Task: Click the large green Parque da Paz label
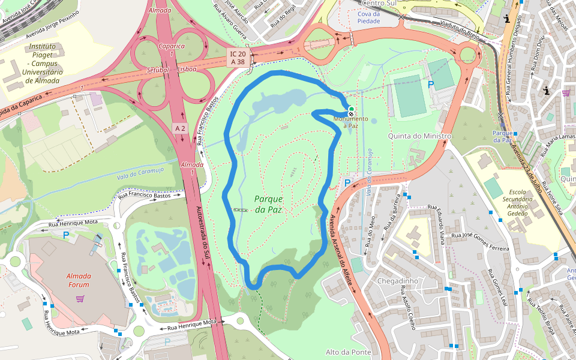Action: [268, 204]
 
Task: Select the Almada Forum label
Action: [79, 280]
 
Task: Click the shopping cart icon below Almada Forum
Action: [80, 298]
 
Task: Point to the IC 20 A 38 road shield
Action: [237, 58]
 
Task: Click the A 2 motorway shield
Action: [179, 128]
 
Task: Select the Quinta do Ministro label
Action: [419, 136]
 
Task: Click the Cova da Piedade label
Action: [369, 17]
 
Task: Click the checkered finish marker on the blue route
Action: [350, 114]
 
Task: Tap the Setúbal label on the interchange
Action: [158, 70]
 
